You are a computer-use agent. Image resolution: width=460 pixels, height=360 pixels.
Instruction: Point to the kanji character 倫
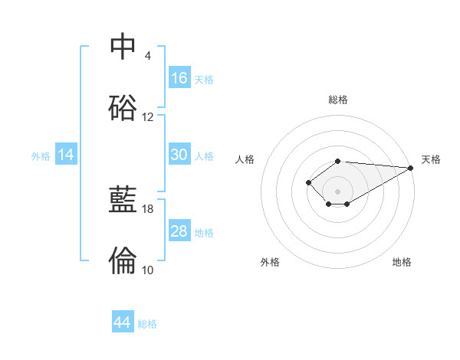[x=123, y=260]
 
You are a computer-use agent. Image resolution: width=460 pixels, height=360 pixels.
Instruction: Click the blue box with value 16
[x=179, y=78]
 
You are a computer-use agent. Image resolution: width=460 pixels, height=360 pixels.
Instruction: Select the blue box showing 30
[x=179, y=155]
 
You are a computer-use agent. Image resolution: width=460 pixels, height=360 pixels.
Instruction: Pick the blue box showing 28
[x=179, y=231]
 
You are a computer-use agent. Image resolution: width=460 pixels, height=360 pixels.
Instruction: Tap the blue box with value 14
[x=66, y=155]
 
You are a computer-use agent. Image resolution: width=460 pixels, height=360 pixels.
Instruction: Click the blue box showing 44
[x=123, y=322]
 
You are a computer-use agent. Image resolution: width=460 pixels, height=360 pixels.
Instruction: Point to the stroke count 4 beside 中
[x=148, y=56]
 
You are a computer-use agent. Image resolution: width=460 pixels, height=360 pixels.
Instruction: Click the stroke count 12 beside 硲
[x=148, y=117]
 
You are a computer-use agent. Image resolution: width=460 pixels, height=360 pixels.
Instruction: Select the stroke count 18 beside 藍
[x=148, y=209]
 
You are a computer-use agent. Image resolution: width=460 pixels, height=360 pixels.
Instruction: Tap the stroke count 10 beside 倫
[x=148, y=270]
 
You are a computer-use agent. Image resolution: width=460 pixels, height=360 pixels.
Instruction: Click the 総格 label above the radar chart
[x=338, y=100]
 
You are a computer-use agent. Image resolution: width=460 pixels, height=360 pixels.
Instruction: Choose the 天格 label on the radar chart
[x=431, y=159]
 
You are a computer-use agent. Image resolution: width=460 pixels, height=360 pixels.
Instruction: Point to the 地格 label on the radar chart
[x=402, y=262]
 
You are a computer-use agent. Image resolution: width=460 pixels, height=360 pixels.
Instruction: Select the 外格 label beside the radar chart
[x=270, y=262]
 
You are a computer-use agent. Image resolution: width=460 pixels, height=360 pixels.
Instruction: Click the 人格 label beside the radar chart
[x=245, y=159]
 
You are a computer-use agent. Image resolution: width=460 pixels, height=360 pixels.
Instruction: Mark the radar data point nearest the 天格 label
[x=412, y=168]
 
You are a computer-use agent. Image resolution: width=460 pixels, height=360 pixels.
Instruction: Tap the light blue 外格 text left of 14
[x=41, y=156]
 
